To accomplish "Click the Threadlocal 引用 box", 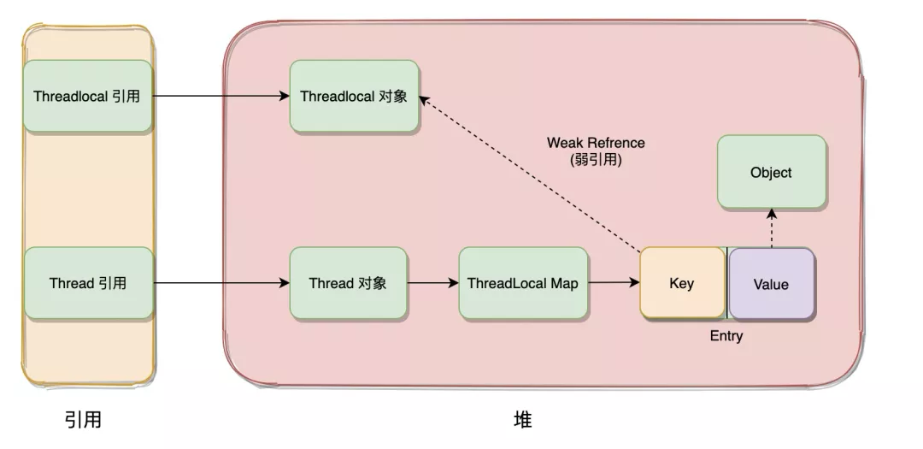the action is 88,96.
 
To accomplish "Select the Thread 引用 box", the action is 88,283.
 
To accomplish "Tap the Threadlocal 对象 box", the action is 354,96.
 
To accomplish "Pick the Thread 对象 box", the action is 348,283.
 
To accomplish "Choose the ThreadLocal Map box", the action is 523,283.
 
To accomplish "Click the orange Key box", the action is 682,283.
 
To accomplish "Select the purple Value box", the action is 772,284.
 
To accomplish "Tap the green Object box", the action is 772,172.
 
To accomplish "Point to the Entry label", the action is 726,336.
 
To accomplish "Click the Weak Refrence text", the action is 596,143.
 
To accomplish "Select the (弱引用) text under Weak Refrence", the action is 596,160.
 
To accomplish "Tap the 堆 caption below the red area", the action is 523,420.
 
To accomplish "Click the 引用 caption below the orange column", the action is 83,420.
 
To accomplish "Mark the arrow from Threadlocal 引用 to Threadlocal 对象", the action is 221,96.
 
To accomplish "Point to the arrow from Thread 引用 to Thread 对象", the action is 221,283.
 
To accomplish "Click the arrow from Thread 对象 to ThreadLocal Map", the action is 432,283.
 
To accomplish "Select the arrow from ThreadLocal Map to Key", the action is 614,283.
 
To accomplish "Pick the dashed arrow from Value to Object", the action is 772,228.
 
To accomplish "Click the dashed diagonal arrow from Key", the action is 530,174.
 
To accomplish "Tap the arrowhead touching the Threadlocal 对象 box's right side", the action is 425,100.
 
